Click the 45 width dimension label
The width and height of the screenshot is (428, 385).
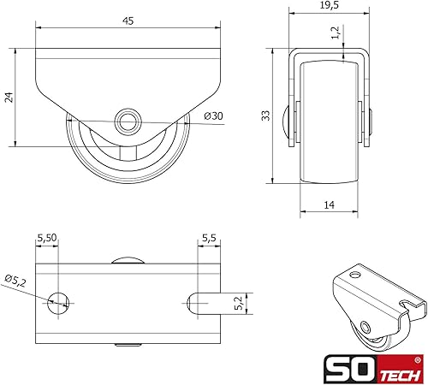128,21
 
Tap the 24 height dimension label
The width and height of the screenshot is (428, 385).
9,97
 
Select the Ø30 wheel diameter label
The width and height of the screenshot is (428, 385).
213,116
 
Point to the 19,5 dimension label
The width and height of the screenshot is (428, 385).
330,5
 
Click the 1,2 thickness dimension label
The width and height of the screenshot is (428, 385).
336,33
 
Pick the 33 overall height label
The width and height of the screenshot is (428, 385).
265,115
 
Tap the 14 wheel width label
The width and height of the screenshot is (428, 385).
329,204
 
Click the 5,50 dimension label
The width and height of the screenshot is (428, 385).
47,238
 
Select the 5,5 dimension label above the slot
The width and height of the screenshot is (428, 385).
209,238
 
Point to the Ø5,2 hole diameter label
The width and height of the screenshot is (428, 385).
15,281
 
